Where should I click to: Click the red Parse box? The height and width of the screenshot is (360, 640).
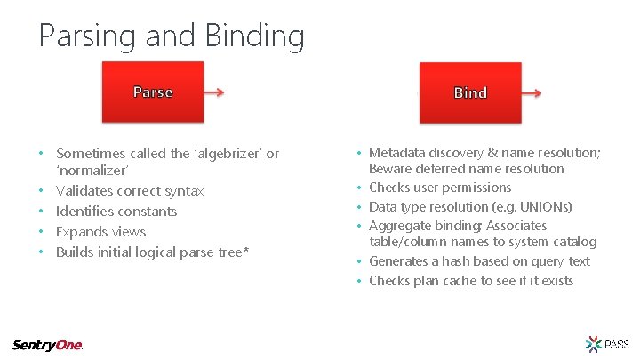[x=152, y=92]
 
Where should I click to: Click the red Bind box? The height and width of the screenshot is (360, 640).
[x=469, y=92]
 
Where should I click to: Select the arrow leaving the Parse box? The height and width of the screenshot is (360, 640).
[x=216, y=91]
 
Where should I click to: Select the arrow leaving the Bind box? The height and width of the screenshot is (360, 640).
[x=531, y=91]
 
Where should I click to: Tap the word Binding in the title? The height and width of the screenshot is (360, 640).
[x=253, y=36]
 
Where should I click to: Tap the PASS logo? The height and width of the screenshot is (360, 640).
[x=608, y=343]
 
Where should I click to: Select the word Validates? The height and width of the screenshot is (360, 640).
[x=85, y=190]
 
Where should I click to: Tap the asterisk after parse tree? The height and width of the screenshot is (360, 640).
[x=246, y=251]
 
